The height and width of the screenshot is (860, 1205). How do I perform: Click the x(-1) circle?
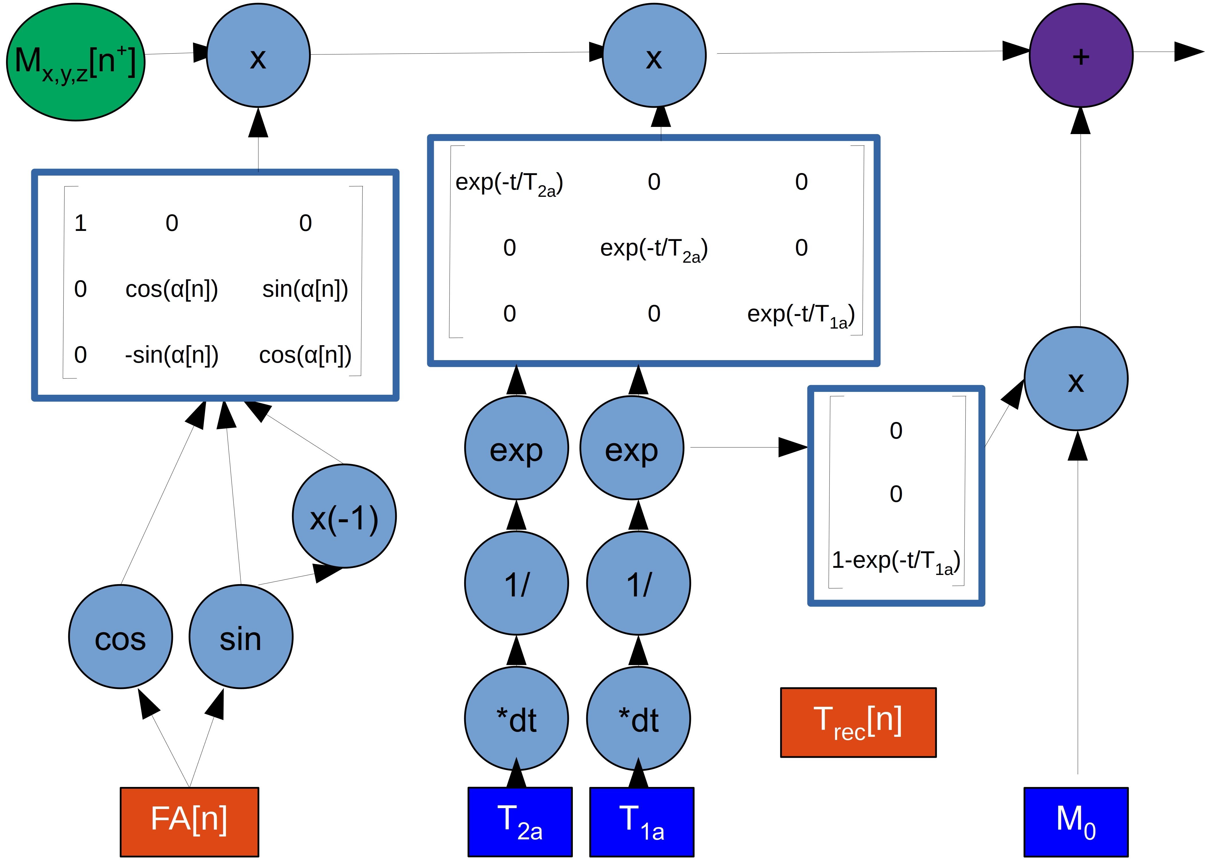click(x=344, y=516)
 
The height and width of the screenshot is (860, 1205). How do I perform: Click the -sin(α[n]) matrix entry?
click(x=172, y=355)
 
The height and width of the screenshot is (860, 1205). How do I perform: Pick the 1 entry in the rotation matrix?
click(x=81, y=223)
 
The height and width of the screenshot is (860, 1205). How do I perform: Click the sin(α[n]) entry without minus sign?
click(x=305, y=289)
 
